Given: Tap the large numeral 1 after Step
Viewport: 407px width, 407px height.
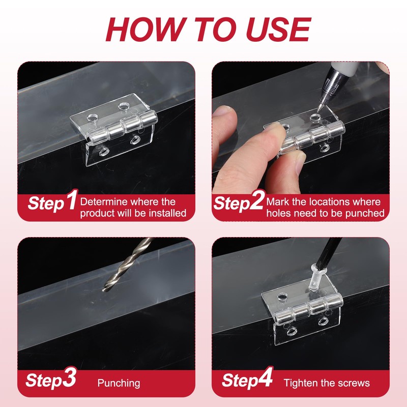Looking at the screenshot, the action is coord(71,199).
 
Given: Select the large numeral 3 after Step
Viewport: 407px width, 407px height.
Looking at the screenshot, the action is coord(69,377).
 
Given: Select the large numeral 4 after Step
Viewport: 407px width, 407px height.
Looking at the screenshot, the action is coord(265,377).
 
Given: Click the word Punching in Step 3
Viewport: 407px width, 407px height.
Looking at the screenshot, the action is coord(119,384).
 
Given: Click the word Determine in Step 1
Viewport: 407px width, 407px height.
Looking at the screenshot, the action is coord(103,201).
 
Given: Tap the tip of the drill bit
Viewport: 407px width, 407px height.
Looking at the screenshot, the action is coord(104,289).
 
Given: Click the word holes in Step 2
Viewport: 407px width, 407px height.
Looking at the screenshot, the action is coord(278,213).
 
